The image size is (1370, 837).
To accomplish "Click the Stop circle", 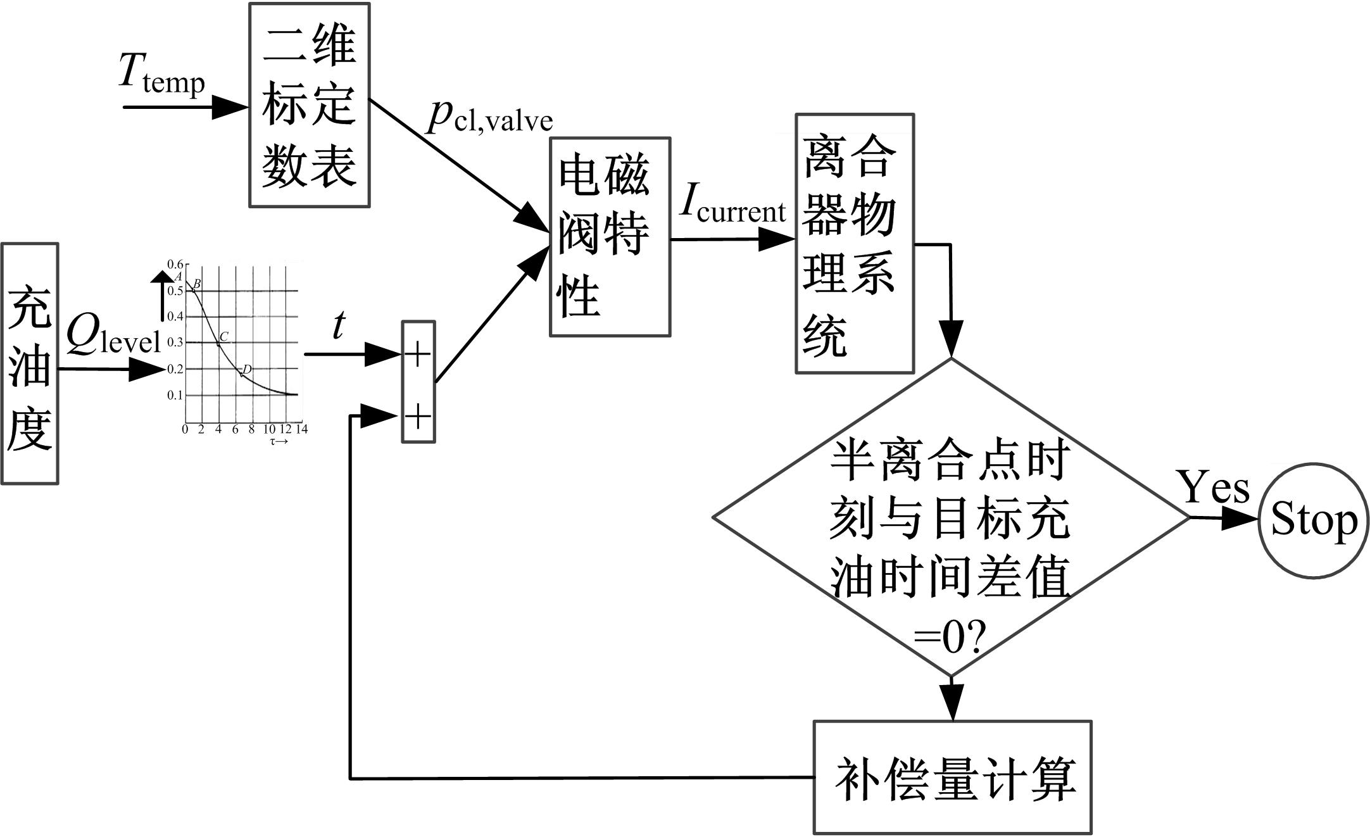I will click(1314, 520).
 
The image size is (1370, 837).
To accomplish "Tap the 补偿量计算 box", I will click(952, 777).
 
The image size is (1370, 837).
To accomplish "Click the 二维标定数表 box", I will click(310, 105).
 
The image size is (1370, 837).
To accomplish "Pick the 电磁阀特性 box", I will click(610, 237).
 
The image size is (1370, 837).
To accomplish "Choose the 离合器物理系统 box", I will click(855, 244).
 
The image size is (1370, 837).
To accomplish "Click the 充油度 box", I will click(30, 364).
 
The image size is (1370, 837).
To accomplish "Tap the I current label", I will click(732, 206).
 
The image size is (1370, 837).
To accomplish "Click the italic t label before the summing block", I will click(339, 327).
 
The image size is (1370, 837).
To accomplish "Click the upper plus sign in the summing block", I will click(418, 354).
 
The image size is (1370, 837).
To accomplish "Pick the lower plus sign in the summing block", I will click(418, 417).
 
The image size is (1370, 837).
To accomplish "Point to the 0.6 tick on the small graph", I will click(175, 264).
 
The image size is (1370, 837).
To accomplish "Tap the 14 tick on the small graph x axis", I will click(302, 429).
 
